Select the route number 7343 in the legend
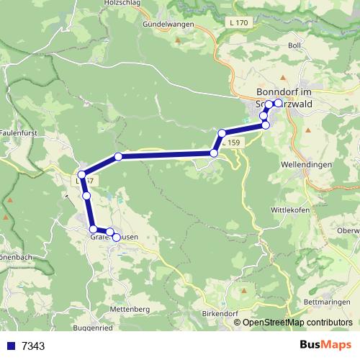click(x=33, y=346)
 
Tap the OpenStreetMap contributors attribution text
click(x=298, y=323)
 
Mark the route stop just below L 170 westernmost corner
click(x=82, y=175)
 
